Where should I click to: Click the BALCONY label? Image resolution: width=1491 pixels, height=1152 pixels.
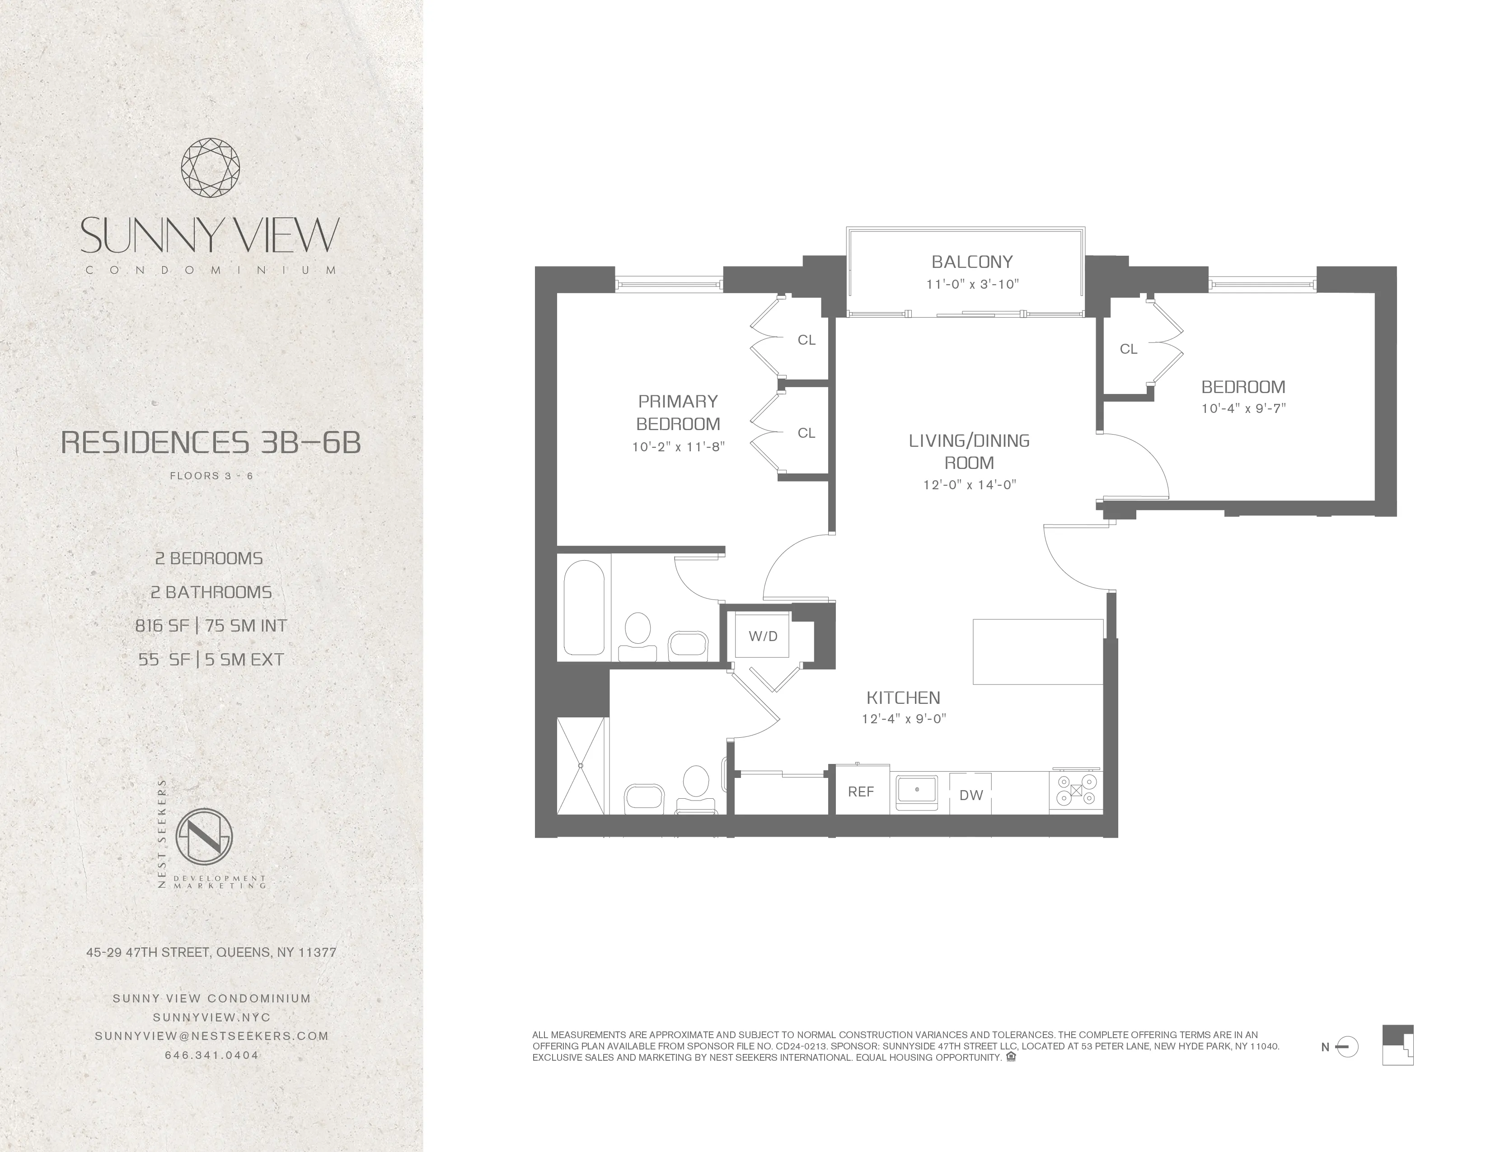click(x=971, y=262)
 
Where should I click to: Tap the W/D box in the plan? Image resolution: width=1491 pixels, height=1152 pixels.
click(x=763, y=636)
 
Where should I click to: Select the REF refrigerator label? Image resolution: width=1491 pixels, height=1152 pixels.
click(x=861, y=791)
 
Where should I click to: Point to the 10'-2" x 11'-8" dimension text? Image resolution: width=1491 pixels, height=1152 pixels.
click(x=677, y=447)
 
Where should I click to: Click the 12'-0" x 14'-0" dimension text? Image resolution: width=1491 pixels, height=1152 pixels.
click(x=970, y=485)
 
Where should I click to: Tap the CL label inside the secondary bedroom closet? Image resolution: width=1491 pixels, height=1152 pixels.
click(x=1129, y=349)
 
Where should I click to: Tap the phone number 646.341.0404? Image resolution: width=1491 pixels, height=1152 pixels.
click(x=211, y=1054)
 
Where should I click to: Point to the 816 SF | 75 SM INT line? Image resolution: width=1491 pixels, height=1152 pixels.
click(x=211, y=625)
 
